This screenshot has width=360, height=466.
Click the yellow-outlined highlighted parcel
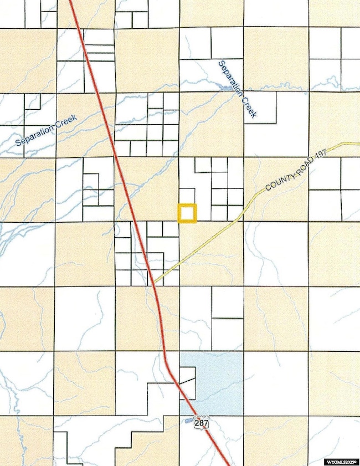(187, 213)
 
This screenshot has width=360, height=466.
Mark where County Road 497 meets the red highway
(155, 282)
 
